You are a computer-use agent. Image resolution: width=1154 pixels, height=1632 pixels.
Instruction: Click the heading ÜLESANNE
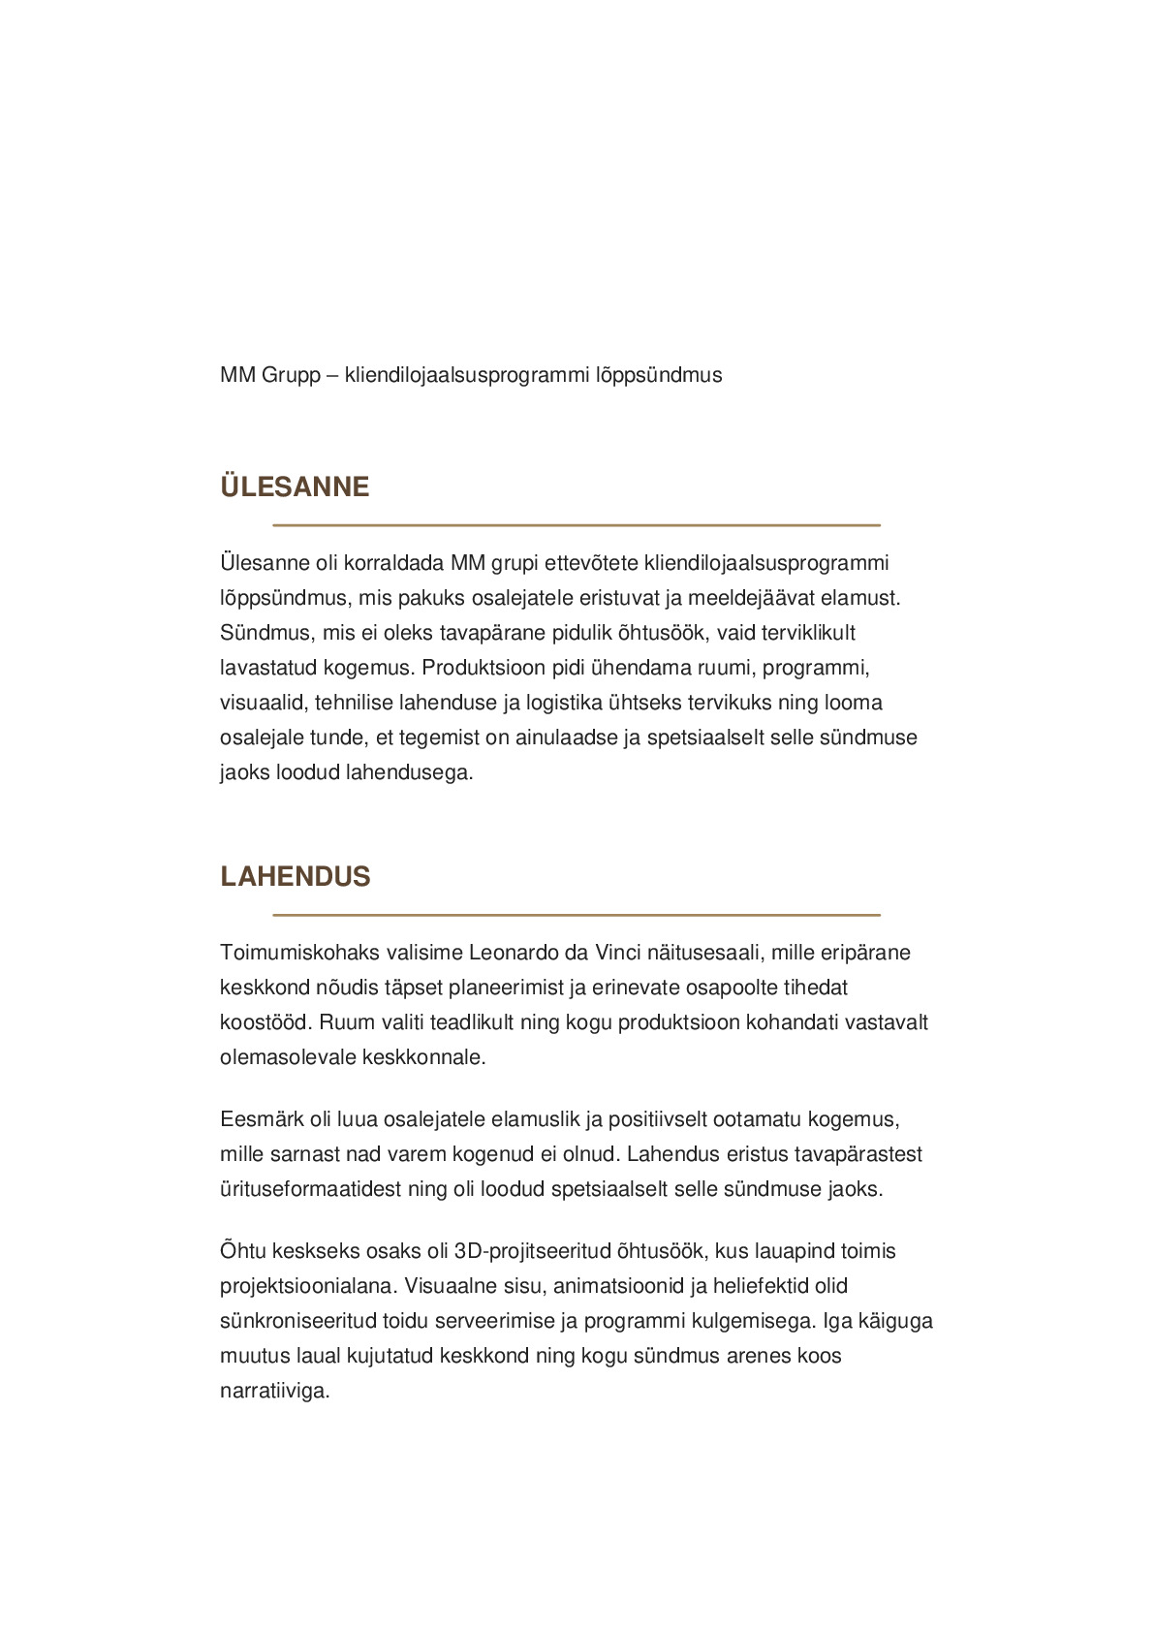point(295,486)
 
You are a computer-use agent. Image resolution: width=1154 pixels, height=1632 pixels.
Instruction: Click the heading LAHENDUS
point(296,876)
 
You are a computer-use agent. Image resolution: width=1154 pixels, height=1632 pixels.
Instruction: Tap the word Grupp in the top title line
point(291,375)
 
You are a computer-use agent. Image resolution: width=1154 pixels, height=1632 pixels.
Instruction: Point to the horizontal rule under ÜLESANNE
point(576,525)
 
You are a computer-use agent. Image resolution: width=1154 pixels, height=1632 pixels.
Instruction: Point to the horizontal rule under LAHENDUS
point(576,915)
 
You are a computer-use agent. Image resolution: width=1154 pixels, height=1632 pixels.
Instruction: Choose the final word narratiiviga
point(275,1391)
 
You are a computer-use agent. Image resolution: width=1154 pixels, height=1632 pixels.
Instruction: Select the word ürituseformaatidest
point(311,1189)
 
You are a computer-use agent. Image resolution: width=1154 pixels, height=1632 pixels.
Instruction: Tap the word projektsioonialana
point(307,1286)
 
